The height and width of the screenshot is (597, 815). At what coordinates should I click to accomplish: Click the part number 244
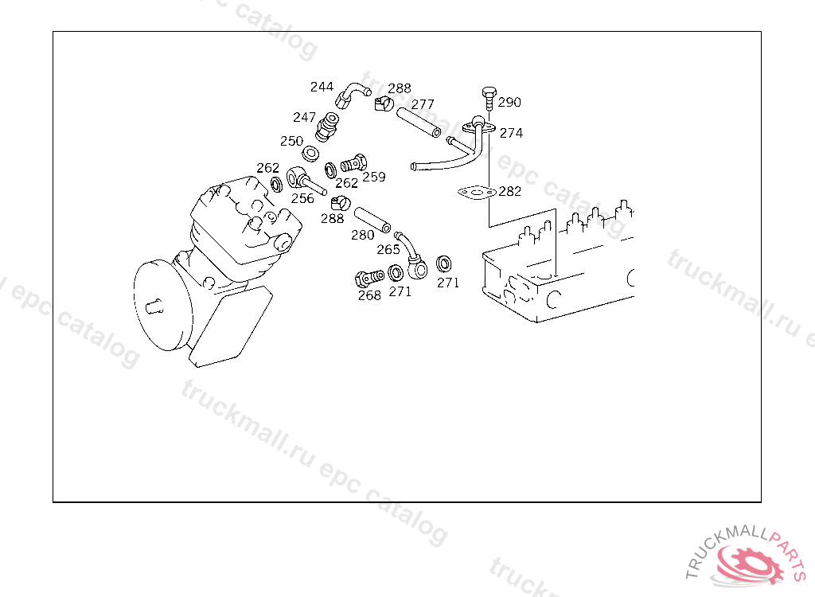pyautogui.click(x=322, y=87)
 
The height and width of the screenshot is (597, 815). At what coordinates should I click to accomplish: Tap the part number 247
pyautogui.click(x=304, y=118)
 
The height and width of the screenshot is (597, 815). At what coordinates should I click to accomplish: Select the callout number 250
pyautogui.click(x=291, y=141)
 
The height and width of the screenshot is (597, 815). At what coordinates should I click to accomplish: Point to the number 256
pyautogui.click(x=302, y=198)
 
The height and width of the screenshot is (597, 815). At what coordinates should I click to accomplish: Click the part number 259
pyautogui.click(x=374, y=177)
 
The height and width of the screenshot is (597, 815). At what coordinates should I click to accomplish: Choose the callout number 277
pyautogui.click(x=423, y=104)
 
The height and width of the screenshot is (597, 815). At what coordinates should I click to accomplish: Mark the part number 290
pyautogui.click(x=509, y=103)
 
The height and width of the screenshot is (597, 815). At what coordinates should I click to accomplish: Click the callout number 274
pyautogui.click(x=512, y=133)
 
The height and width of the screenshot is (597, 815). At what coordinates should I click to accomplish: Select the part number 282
pyautogui.click(x=510, y=191)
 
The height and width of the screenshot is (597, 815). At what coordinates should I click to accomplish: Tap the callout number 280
pyautogui.click(x=363, y=235)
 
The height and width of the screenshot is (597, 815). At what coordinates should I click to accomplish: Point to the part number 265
pyautogui.click(x=388, y=250)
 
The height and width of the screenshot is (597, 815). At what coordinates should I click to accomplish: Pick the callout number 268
pyautogui.click(x=369, y=295)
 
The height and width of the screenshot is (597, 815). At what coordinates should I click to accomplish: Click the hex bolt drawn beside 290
pyautogui.click(x=489, y=98)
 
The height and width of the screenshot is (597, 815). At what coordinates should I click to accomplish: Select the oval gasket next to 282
pyautogui.click(x=478, y=193)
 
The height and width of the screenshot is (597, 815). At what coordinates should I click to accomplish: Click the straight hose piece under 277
pyautogui.click(x=419, y=123)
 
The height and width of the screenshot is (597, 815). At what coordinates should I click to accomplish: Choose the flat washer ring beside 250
pyautogui.click(x=311, y=154)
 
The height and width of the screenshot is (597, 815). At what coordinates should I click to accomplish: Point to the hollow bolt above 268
pyautogui.click(x=369, y=279)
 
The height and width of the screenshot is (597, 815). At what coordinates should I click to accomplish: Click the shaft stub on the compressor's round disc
pyautogui.click(x=154, y=308)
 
